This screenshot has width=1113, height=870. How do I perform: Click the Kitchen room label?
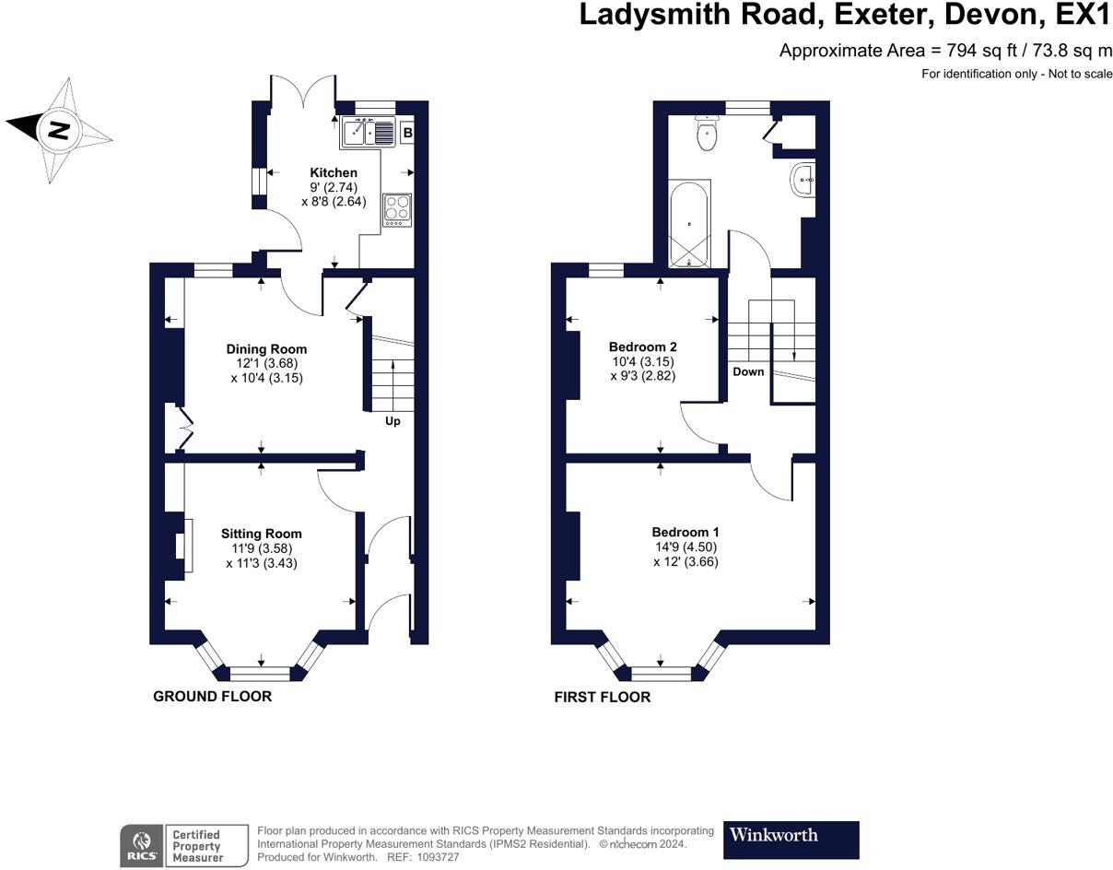(334, 172)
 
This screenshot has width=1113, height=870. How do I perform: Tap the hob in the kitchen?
(397, 209)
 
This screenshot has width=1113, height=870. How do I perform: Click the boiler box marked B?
(408, 133)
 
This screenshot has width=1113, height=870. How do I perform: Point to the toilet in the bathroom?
(707, 133)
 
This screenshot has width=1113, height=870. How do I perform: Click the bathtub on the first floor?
(689, 223)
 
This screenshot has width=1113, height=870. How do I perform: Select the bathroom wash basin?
(803, 180)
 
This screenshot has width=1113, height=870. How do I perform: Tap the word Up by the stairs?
(392, 421)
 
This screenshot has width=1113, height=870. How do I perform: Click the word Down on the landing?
(748, 371)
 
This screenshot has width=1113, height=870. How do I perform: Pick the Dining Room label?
(267, 349)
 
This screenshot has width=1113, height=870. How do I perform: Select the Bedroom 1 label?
(685, 532)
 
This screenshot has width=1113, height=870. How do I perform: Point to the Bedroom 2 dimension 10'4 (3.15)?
(643, 361)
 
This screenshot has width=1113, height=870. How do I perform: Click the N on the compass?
(59, 131)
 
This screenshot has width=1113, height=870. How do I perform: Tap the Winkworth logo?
(791, 835)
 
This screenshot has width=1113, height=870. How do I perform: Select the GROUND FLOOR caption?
(213, 697)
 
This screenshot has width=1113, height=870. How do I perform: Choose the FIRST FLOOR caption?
(603, 697)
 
